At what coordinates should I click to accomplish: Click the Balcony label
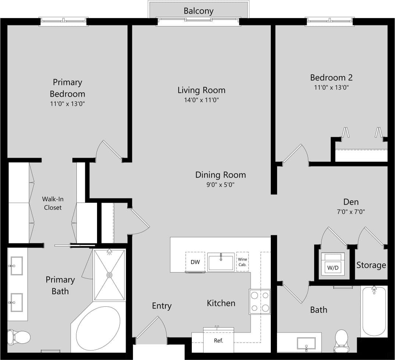point(198,11)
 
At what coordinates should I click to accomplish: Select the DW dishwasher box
point(195,262)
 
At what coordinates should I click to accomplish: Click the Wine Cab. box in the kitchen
point(243,262)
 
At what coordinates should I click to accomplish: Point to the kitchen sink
point(221,262)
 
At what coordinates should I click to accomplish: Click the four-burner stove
point(260,302)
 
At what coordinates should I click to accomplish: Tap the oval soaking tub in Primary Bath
point(98,328)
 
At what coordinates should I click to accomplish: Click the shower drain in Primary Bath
point(109,275)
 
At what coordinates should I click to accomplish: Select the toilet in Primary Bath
point(20,336)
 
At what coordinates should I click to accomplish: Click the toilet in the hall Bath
point(341,340)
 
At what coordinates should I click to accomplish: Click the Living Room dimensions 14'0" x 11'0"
point(201,100)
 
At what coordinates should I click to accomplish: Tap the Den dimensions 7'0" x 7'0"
point(351,212)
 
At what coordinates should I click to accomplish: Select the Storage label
point(371,265)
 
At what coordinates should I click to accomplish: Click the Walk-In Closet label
point(53,203)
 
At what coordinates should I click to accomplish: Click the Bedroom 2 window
point(330,21)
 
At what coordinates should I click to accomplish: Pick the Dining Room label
point(220,175)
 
